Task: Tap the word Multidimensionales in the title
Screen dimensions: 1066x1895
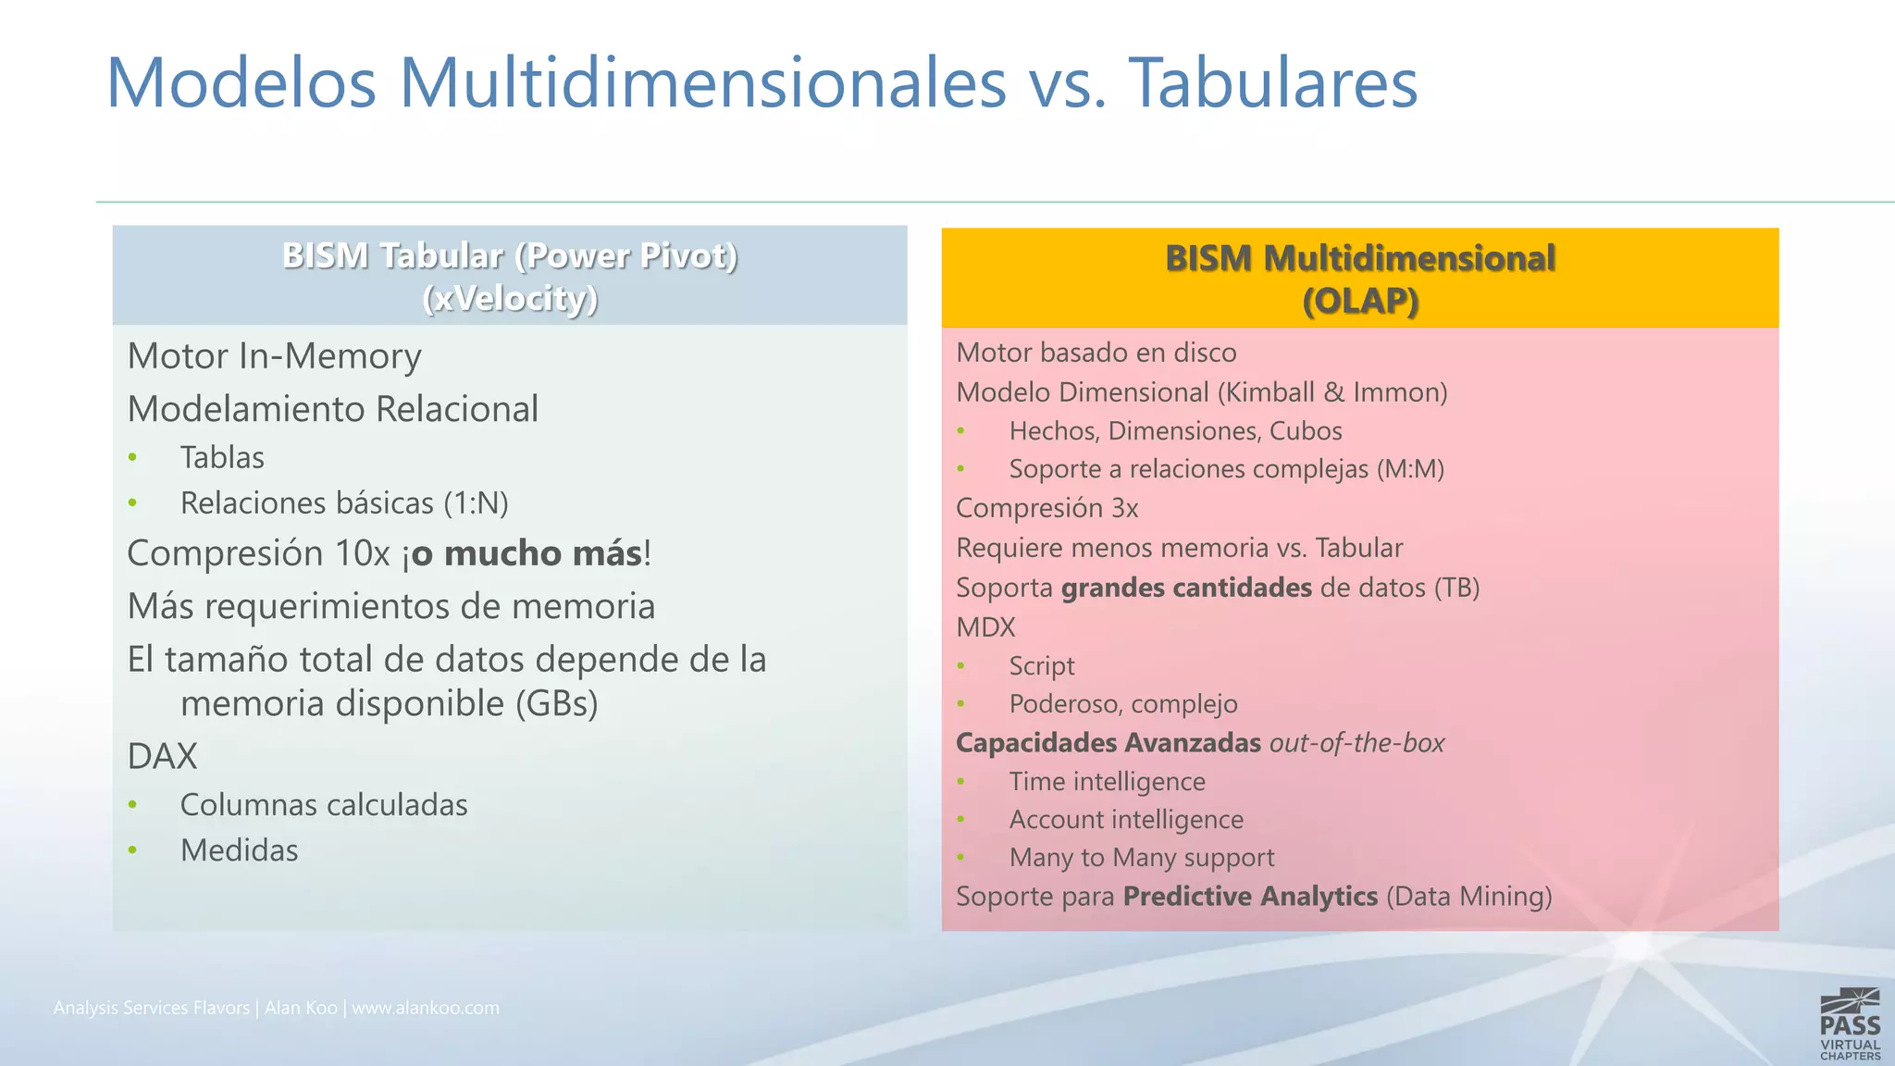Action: (x=703, y=83)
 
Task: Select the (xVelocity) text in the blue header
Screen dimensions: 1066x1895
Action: (x=510, y=299)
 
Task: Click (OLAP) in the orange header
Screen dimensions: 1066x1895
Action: (x=1360, y=302)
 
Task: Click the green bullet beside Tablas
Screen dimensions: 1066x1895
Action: (x=133, y=458)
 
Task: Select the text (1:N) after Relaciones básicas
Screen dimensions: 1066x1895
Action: (x=476, y=503)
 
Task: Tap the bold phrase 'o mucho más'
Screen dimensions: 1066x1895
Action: (x=527, y=553)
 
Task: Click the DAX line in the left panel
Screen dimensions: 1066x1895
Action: (x=162, y=757)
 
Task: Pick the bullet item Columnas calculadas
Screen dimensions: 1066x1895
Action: (x=324, y=805)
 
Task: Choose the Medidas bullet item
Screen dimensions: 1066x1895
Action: (x=239, y=850)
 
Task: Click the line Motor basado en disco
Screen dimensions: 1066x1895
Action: (x=1096, y=353)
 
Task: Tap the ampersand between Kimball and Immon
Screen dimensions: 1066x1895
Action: (x=1334, y=392)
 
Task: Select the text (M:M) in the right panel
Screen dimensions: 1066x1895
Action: (x=1410, y=469)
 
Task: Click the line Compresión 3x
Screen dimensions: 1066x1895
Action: (x=1047, y=508)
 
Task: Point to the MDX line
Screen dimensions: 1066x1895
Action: (x=985, y=627)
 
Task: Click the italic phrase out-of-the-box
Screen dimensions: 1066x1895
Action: (x=1356, y=743)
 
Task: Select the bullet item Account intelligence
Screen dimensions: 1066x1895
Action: (x=1126, y=820)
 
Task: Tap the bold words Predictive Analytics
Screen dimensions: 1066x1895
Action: (x=1250, y=897)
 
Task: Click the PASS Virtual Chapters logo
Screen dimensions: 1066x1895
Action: (x=1850, y=1024)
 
